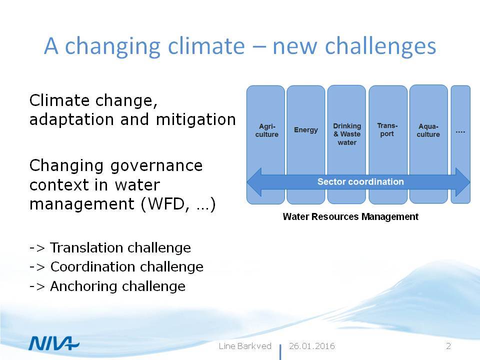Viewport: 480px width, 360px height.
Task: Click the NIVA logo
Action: click(53, 343)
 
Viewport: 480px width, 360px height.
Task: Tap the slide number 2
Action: click(448, 346)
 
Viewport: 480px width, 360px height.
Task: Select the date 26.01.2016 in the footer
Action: click(311, 346)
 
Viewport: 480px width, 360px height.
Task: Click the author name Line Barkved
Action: click(245, 346)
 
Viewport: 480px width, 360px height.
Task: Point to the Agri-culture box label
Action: click(267, 130)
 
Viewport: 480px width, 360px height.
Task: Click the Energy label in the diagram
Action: click(306, 130)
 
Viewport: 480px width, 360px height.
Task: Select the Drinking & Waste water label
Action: click(347, 134)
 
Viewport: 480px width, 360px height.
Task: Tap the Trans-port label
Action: click(387, 130)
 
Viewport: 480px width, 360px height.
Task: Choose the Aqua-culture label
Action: click(428, 130)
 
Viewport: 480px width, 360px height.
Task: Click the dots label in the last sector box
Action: click(460, 132)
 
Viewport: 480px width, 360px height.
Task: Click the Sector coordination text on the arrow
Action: click(360, 182)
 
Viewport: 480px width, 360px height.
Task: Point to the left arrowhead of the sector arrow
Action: click(247, 182)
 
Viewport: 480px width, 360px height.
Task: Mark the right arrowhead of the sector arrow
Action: click(469, 182)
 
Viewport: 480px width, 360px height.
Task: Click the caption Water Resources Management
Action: click(350, 216)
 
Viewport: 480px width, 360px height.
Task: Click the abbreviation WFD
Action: click(166, 204)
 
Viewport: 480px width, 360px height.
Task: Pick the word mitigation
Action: click(196, 119)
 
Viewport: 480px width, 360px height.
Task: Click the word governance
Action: click(156, 166)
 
